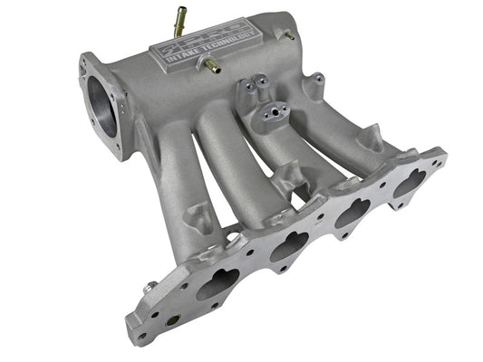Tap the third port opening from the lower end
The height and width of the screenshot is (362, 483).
[348, 215]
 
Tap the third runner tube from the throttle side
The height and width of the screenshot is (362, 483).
[285, 158]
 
